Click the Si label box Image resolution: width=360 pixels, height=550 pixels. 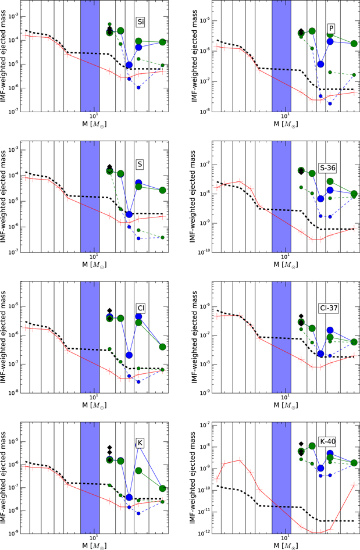click(x=141, y=22)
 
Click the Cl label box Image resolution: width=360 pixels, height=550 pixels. click(x=141, y=308)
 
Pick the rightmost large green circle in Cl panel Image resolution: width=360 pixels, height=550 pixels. click(x=163, y=347)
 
